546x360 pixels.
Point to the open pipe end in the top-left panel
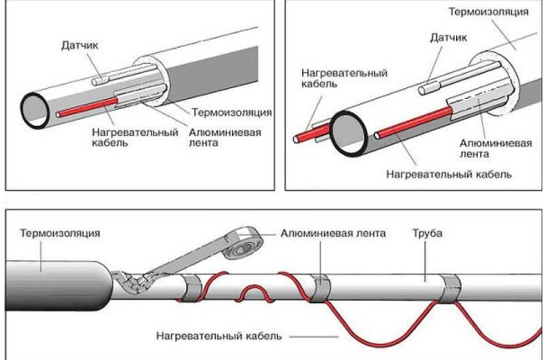(x=38, y=107)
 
